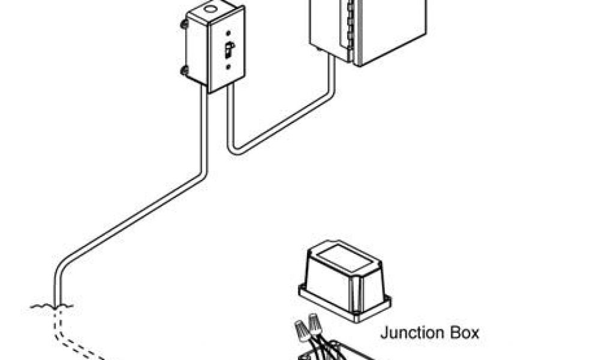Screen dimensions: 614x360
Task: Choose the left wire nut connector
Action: pyautogui.click(x=302, y=329)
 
